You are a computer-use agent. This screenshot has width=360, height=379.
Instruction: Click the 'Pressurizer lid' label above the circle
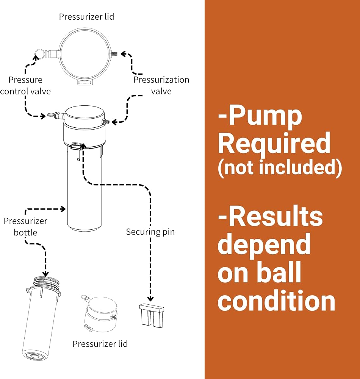coord(86,17)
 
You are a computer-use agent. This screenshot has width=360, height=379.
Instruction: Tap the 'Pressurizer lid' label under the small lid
coord(100,344)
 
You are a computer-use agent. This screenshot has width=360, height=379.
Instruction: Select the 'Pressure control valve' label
coord(25,86)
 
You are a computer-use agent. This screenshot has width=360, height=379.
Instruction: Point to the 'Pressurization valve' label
coord(161,86)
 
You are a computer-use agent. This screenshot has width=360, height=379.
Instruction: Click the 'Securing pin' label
coord(150,232)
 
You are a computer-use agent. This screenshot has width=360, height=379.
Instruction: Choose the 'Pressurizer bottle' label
coord(25,227)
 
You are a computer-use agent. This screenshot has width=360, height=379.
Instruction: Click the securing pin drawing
coord(152,315)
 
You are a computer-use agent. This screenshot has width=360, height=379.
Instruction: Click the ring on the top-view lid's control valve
coord(39,53)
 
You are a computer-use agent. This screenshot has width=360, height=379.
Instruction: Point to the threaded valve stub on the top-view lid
coord(114,54)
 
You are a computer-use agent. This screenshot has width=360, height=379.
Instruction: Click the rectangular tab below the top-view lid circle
coord(85,82)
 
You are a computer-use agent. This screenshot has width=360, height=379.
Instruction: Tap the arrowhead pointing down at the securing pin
coord(150,299)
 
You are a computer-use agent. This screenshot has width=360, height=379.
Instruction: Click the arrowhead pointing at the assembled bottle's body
coord(63,209)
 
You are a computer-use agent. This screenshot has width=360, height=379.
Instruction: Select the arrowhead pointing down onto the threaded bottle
coord(45,273)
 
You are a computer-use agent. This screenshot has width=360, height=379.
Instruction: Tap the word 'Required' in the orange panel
coord(274,143)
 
